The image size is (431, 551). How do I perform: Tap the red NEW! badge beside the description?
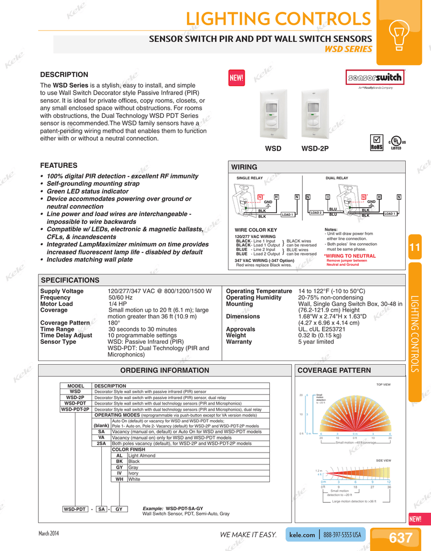point(237,77)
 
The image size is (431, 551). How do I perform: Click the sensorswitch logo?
point(376,77)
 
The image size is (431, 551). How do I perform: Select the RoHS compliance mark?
point(377,143)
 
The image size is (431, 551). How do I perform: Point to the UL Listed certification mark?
point(396,143)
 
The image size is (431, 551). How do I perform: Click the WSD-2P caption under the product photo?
point(315,148)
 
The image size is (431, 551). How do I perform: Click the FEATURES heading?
point(59,165)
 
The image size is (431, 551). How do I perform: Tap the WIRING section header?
point(244,167)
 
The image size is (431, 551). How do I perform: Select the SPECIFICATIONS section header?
point(70,280)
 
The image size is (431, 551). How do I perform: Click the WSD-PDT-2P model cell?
point(75,409)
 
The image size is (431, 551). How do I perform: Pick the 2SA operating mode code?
point(101,443)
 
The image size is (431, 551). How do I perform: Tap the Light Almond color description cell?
point(142,456)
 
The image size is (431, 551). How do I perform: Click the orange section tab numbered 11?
point(415,247)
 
